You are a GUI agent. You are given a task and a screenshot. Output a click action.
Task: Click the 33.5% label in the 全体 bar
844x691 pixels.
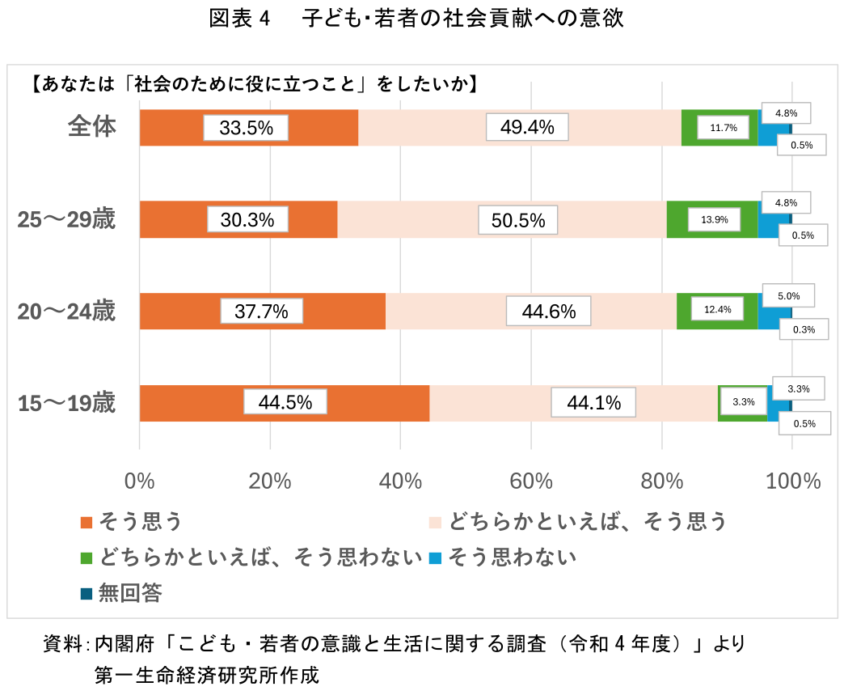246,128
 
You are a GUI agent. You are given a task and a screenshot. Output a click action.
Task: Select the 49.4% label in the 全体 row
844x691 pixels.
527,127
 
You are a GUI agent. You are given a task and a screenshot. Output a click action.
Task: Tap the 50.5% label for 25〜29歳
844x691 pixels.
518,220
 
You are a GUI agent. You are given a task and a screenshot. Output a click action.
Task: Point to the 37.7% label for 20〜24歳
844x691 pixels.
261,311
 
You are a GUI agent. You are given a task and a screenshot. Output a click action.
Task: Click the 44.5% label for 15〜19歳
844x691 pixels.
285,402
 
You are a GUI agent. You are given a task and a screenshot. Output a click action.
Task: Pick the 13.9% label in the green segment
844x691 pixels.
715,220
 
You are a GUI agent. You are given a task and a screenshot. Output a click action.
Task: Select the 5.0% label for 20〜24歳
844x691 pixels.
787,296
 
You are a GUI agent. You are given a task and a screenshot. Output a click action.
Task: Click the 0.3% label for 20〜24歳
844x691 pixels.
804,329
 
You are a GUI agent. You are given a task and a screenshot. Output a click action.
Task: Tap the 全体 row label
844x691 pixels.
92,127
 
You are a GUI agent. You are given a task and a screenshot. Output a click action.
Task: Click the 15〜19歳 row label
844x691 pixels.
67,403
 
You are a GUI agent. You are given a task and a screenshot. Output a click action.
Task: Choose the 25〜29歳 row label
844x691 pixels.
67,220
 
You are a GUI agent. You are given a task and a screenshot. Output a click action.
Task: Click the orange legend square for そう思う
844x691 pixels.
87,523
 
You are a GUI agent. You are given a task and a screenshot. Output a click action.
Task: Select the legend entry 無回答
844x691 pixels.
129,594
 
